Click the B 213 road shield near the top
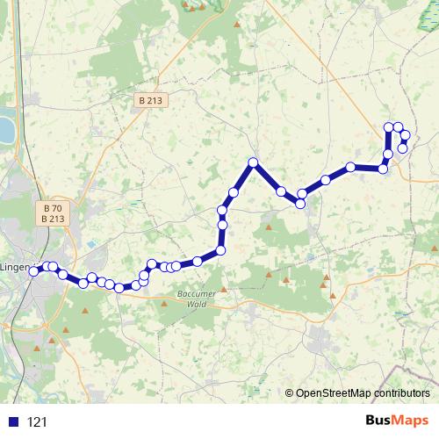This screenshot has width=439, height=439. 151,101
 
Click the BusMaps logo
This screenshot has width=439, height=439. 396,421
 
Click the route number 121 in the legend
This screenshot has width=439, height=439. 37,422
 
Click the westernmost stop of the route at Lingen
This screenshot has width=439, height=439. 34,271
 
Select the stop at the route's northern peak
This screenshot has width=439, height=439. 253,162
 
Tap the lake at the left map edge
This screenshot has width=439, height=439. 5,130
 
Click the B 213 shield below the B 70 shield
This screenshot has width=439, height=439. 53,219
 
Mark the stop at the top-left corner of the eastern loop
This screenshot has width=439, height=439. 389,127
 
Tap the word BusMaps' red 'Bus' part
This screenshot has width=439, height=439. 380,421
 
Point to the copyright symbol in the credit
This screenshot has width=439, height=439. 289,394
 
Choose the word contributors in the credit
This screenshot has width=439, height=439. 402,394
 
